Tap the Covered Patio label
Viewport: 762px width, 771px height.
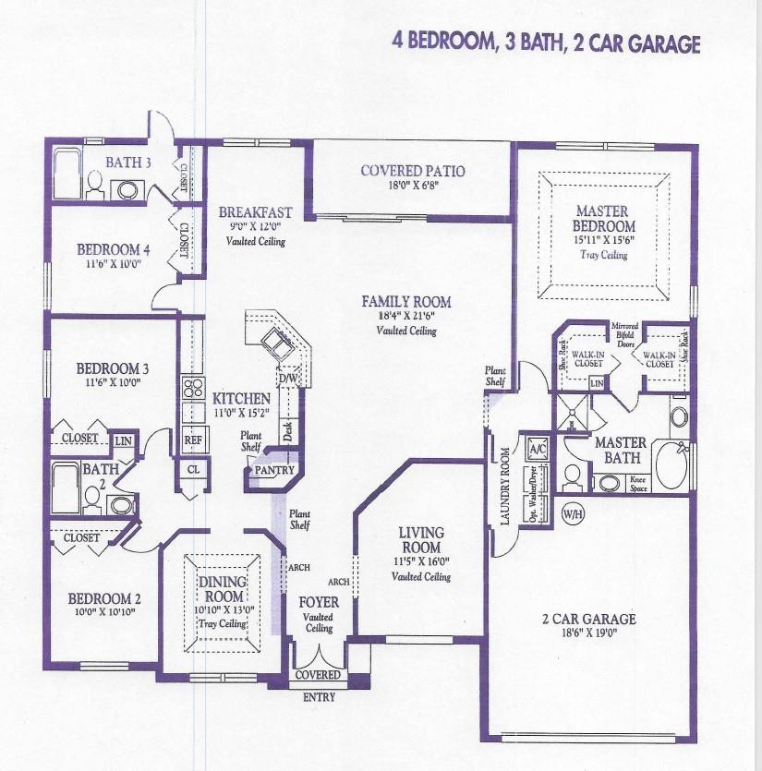click(412, 171)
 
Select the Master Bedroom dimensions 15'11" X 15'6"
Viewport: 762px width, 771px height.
click(605, 241)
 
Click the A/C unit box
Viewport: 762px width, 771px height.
click(537, 448)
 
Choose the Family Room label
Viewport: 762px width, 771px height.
click(406, 301)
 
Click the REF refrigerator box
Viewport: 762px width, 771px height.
click(193, 440)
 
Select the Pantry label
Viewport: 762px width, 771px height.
click(275, 470)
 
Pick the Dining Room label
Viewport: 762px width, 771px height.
click(223, 588)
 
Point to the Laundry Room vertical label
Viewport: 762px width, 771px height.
click(505, 486)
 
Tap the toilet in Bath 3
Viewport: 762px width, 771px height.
click(95, 187)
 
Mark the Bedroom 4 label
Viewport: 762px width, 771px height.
click(113, 249)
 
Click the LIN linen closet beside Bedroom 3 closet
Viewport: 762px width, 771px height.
click(124, 440)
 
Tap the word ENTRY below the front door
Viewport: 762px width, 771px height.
click(319, 697)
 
